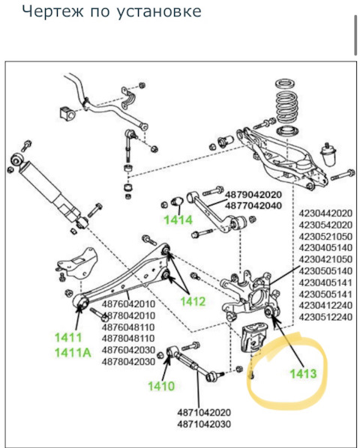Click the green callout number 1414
click(x=179, y=220)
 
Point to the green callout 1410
click(x=160, y=387)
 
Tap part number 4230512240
click(x=325, y=317)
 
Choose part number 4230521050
click(x=325, y=237)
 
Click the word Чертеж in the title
click(x=49, y=12)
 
